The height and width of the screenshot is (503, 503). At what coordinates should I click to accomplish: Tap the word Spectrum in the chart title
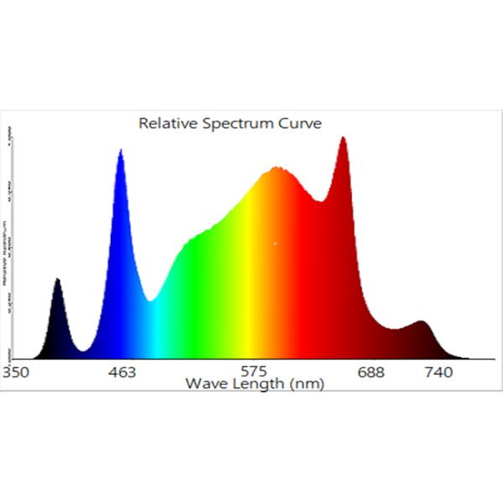235,123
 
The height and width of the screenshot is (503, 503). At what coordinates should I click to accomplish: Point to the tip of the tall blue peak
121,151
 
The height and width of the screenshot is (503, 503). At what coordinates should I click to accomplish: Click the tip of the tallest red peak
343,137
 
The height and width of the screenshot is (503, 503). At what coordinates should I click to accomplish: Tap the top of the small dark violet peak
57,279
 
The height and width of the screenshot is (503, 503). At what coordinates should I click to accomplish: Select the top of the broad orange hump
277,169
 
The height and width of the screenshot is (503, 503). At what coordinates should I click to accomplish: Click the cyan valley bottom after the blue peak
150,299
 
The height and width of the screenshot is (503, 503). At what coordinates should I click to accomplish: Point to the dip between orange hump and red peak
319,201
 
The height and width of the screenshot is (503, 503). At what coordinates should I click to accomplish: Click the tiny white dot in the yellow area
275,244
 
